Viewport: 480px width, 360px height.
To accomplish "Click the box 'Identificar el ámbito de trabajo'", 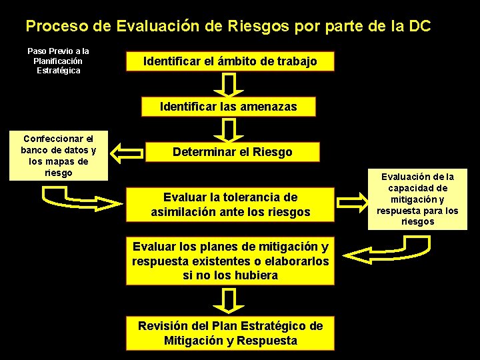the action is click(230, 62).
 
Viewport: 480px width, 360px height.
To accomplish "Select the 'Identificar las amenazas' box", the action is click(229, 107).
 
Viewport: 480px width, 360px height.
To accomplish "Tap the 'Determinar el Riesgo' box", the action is click(232, 152).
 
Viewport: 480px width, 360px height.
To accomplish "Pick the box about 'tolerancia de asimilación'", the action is click(230, 205).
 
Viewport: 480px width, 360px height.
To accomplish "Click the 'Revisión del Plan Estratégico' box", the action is click(230, 333).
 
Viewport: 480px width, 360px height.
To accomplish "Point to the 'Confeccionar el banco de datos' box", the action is click(58, 155).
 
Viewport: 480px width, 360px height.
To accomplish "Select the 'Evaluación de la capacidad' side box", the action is click(417, 199).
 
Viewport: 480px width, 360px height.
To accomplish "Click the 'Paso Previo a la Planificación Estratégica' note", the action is click(58, 61).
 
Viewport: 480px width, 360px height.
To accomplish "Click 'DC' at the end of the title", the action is click(419, 27).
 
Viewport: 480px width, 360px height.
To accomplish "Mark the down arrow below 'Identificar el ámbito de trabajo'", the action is click(229, 85).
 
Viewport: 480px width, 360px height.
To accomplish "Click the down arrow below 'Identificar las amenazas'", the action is click(229, 129).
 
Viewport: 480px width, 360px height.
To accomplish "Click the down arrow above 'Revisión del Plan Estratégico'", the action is click(229, 301).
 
